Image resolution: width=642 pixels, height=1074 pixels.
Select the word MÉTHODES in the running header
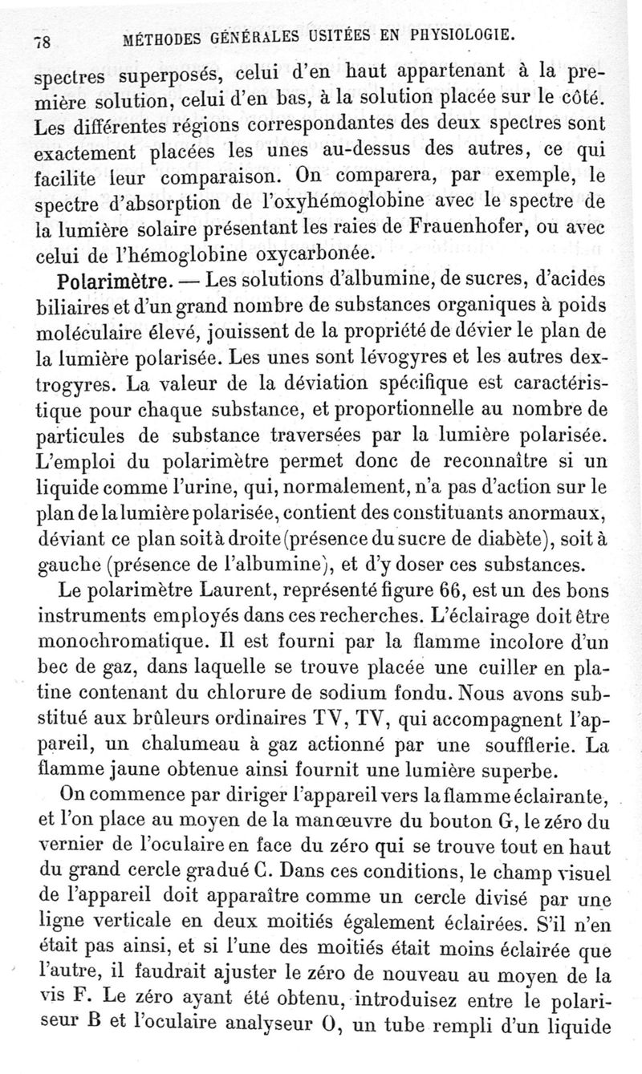pyautogui.click(x=158, y=38)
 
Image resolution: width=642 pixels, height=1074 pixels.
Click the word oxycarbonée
pyautogui.click(x=303, y=253)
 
